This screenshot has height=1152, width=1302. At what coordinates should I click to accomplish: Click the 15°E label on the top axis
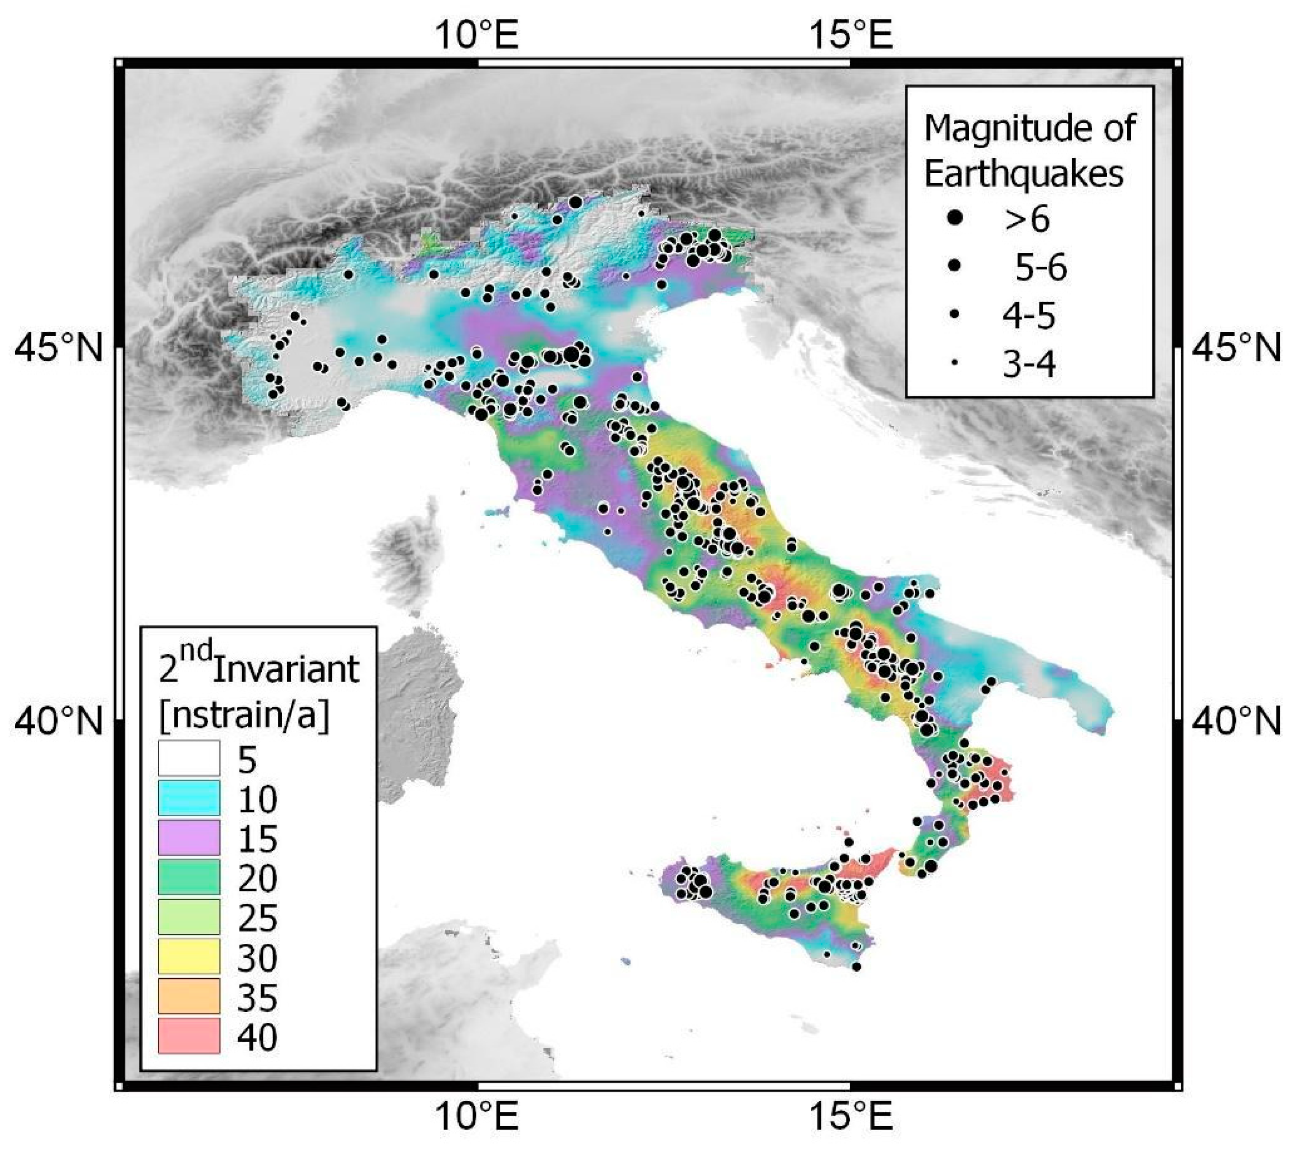tap(850, 35)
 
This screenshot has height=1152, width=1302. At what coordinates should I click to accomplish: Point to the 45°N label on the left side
tap(57, 349)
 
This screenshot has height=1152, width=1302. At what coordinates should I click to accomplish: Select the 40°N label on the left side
tap(57, 722)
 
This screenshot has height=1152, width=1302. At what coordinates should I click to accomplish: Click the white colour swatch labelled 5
tap(189, 758)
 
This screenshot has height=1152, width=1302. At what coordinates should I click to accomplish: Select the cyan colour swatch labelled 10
tap(189, 797)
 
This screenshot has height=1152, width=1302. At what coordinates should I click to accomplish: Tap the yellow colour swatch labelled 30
tap(189, 956)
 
